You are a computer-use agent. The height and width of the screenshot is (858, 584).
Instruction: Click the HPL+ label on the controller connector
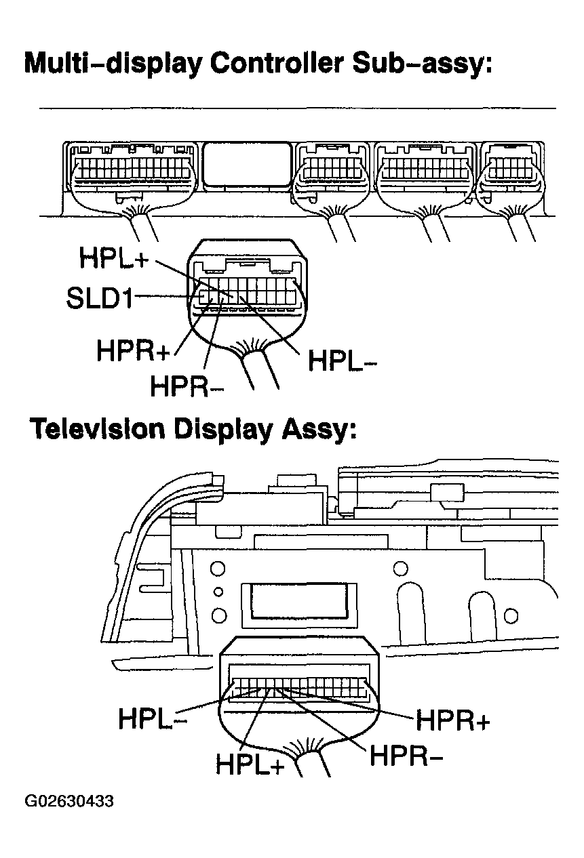[x=114, y=258]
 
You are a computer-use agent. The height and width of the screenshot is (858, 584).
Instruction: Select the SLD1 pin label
[x=100, y=298]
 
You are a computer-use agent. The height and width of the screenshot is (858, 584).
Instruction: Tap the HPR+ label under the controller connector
[x=133, y=350]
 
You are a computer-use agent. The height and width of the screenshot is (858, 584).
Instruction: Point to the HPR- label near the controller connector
[x=187, y=386]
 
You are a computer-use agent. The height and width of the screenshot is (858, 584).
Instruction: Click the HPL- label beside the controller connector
[x=343, y=361]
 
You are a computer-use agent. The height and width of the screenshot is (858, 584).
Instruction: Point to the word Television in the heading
[x=98, y=428]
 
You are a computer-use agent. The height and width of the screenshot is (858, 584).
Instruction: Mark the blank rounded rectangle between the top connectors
[x=247, y=165]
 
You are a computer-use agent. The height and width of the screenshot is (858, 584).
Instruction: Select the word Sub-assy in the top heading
[x=423, y=64]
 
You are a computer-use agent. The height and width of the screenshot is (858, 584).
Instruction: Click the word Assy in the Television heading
[x=319, y=430]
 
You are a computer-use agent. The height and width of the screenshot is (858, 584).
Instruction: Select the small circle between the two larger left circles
[x=218, y=592]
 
